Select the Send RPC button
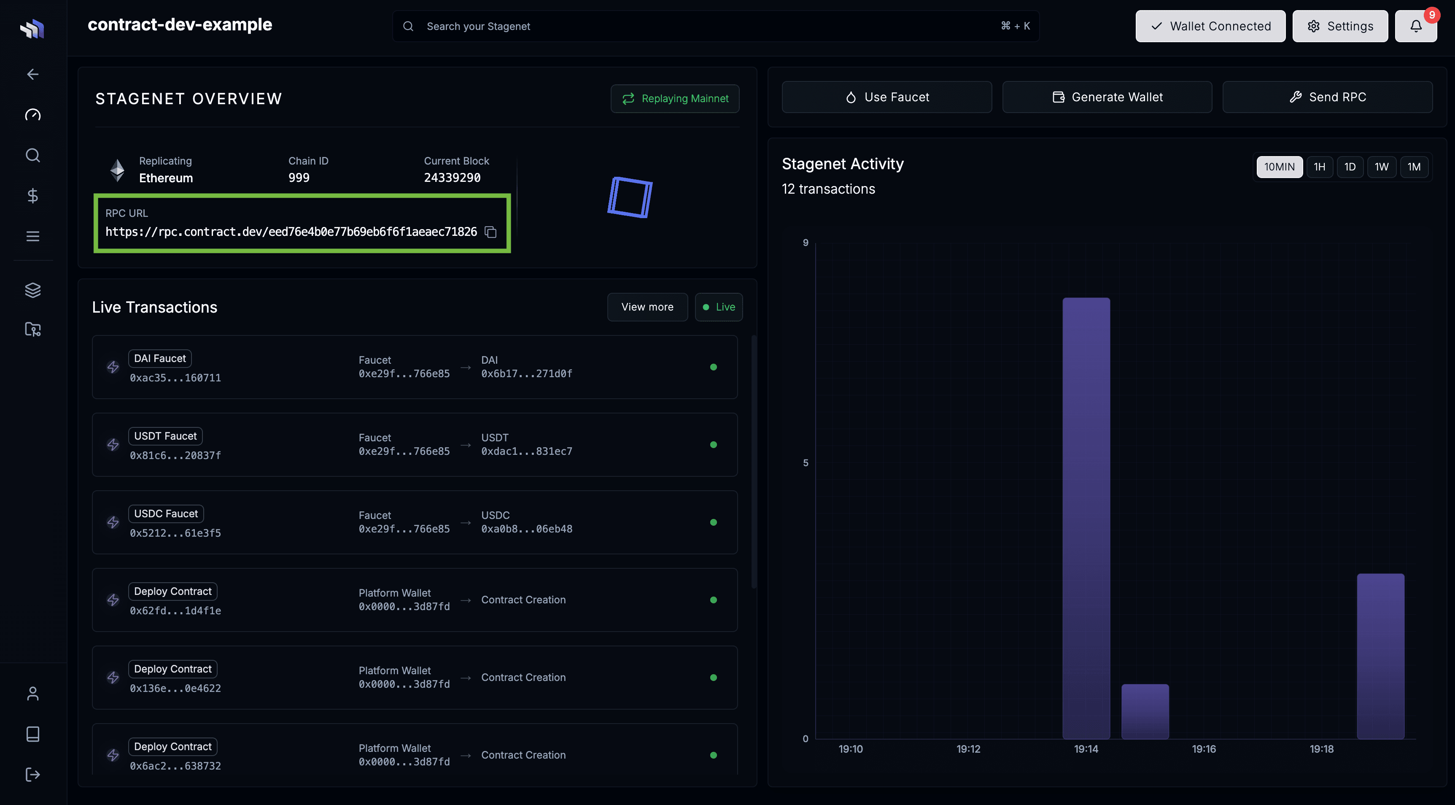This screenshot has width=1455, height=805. coord(1327,97)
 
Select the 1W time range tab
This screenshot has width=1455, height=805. coord(1381,167)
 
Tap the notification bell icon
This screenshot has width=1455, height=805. coord(1415,26)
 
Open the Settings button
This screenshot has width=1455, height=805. coord(1340,26)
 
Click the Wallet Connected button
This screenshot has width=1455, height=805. coord(1210,26)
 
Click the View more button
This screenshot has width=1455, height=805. coord(647,307)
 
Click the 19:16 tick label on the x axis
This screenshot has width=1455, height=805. coord(1204,749)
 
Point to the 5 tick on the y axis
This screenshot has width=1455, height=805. coord(806,463)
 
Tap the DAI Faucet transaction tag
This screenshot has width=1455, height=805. coord(160,359)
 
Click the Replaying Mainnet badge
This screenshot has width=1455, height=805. coord(675,99)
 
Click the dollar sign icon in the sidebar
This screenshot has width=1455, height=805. coord(33,195)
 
